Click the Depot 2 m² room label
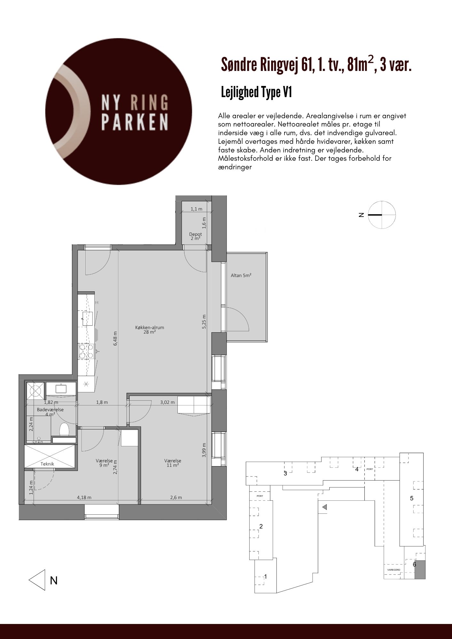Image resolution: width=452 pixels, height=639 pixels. coord(195,236)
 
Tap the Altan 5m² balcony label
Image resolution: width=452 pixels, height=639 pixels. coord(241,275)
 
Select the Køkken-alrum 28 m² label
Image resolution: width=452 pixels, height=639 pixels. coord(150,330)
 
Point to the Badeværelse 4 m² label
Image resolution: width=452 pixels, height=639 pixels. coord(50,412)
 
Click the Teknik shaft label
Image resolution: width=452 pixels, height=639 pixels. coord(47,464)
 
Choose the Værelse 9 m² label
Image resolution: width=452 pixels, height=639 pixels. coord(104,463)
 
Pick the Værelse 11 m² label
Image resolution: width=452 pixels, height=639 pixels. coord(173,463)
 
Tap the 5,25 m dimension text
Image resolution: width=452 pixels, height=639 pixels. coord(204,321)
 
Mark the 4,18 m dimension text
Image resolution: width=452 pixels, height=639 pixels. coord(84,497)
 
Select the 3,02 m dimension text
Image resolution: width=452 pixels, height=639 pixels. coord(167,402)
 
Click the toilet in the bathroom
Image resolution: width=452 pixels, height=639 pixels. coord(64,429)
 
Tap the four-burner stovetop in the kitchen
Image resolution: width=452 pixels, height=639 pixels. coord(86,351)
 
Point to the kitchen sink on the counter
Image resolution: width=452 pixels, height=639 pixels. coord(88,319)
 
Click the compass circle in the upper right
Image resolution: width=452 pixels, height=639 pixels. coord(382,215)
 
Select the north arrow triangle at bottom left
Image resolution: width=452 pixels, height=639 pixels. coord(37,580)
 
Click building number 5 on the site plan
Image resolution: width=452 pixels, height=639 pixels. coord(412,498)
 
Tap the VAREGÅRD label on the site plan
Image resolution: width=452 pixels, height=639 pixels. coord(394,570)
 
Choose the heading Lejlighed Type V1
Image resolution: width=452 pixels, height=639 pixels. coord(257,92)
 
